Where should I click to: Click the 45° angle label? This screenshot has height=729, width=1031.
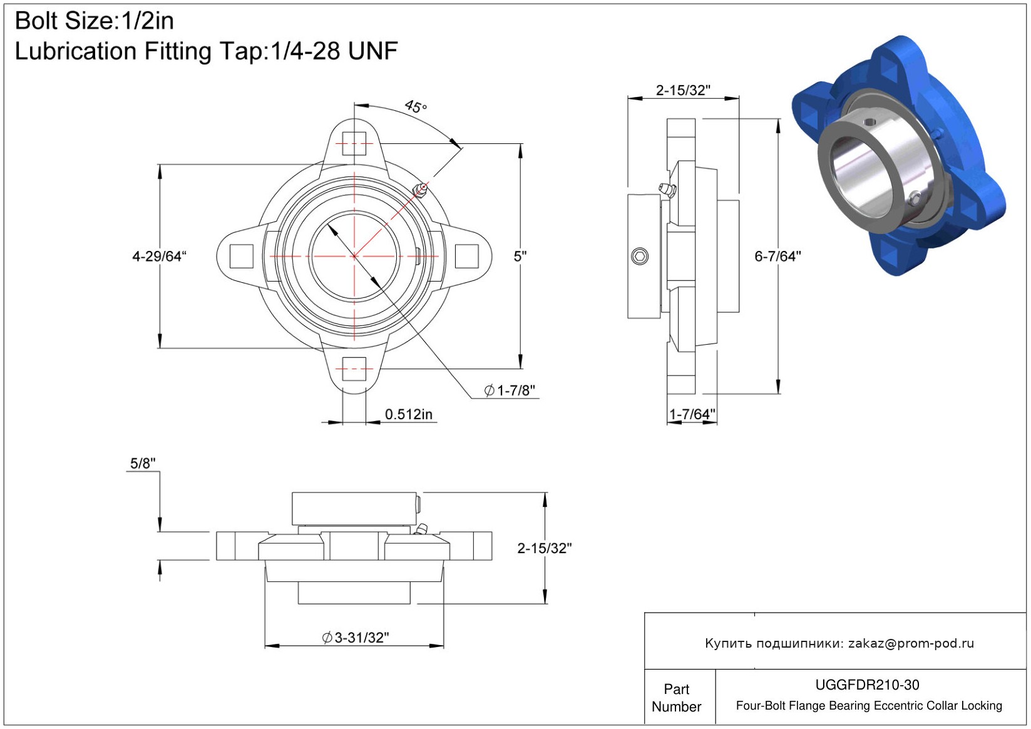click(416, 107)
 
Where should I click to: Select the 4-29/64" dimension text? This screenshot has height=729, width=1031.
click(159, 257)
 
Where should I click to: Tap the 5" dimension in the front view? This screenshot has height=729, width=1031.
click(520, 257)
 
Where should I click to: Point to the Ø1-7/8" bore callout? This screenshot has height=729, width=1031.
click(510, 390)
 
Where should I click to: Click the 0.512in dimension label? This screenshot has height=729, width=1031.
click(409, 414)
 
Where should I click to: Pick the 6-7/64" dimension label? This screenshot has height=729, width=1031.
click(778, 257)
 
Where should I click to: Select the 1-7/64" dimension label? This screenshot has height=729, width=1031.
click(692, 414)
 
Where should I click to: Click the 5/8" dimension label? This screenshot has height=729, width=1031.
click(143, 464)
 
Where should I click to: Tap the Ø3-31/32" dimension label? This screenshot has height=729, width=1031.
click(356, 638)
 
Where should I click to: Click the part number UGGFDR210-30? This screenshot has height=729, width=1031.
click(867, 685)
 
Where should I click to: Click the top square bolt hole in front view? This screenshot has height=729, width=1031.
click(354, 143)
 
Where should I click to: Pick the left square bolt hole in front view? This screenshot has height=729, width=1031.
click(241, 257)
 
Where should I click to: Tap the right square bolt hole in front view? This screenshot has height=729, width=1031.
click(467, 257)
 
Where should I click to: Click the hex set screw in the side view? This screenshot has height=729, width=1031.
click(640, 257)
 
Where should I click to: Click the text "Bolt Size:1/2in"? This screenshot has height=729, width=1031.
click(95, 21)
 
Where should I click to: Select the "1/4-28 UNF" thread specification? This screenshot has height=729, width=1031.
click(334, 51)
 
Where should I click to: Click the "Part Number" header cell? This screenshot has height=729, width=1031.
click(676, 698)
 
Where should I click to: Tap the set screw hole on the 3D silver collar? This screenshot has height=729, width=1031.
click(869, 122)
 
